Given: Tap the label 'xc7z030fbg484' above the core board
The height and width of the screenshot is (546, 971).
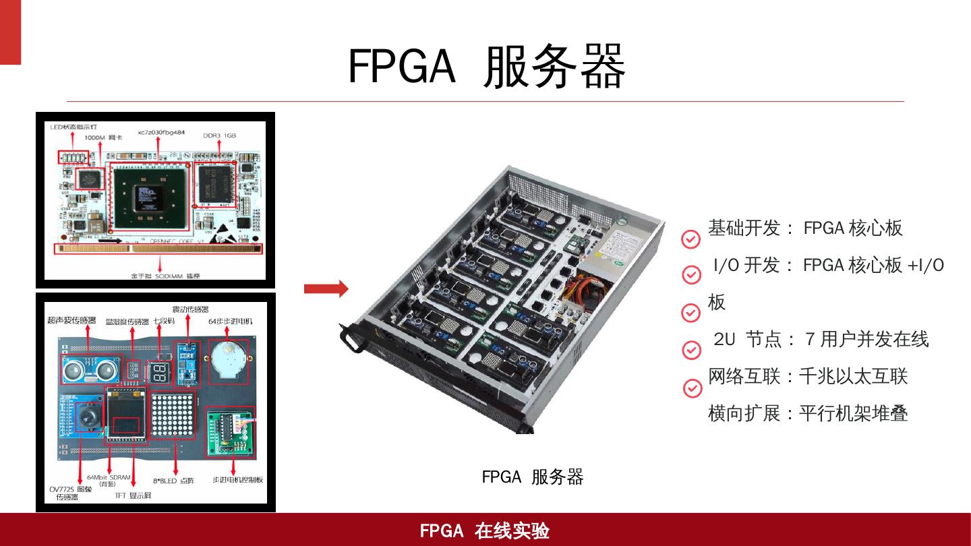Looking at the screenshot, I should pyautogui.click(x=160, y=133).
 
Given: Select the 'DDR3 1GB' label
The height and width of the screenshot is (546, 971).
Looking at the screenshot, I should pyautogui.click(x=220, y=135).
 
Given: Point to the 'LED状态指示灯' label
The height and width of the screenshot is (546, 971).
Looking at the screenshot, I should pyautogui.click(x=74, y=127).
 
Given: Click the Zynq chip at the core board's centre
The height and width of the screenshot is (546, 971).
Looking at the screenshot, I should pyautogui.click(x=147, y=195).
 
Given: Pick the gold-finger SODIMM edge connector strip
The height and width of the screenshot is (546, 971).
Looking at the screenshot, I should pyautogui.click(x=158, y=248).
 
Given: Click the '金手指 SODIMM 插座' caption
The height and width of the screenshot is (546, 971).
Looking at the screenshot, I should pyautogui.click(x=160, y=276).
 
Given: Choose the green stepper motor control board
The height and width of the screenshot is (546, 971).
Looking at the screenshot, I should pyautogui.click(x=229, y=429).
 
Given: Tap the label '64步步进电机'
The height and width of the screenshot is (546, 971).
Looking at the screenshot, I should pyautogui.click(x=231, y=321).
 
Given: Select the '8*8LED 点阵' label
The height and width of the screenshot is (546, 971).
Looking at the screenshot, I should pyautogui.click(x=173, y=481).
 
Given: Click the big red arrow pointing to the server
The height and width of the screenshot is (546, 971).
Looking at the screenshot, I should pyautogui.click(x=326, y=289).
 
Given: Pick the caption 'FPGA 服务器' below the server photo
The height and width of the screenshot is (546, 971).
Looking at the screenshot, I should pyautogui.click(x=532, y=477).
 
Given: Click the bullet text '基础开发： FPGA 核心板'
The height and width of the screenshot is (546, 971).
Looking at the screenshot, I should pyautogui.click(x=805, y=229).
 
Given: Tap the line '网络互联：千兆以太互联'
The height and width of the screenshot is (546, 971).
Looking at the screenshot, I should pyautogui.click(x=808, y=376).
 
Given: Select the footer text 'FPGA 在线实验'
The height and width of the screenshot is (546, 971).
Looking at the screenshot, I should pyautogui.click(x=485, y=531).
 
